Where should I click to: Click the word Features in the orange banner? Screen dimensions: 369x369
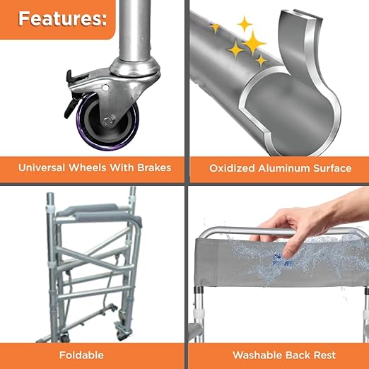pos(62,18)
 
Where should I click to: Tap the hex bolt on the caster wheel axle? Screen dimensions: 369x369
pos(108,121)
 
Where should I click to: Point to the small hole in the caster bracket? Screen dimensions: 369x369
pos(105,88)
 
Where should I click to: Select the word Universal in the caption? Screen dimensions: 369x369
pos(42,168)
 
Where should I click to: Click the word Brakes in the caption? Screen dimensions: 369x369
pos(154,168)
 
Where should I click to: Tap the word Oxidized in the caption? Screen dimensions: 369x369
pos(232,168)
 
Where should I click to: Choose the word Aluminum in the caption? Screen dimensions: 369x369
pos(284,168)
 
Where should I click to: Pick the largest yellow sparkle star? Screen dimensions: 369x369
pos(254,43)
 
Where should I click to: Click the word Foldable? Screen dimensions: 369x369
pos(81,355)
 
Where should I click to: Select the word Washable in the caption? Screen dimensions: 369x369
pos(257,355)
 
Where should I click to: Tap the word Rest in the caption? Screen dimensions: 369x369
pos(324,355)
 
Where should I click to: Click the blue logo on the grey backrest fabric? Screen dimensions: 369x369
pos(283,260)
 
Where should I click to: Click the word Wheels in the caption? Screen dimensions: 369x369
pos(88,168)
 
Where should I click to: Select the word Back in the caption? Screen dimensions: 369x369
pos(298,355)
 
